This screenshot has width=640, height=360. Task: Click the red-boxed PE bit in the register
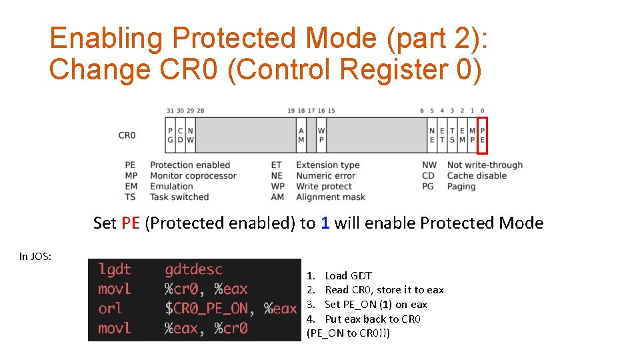point(483,135)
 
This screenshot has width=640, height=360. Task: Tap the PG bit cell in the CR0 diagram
point(170,135)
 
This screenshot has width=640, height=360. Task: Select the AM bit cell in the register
point(301,135)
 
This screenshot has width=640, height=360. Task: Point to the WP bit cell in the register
point(321,135)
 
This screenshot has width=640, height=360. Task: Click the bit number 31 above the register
point(170,111)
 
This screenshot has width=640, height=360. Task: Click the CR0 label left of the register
point(127,135)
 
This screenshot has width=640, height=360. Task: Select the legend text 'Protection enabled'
point(189,165)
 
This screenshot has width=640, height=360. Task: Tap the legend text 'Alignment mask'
point(331,197)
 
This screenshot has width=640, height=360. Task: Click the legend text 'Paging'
point(461,187)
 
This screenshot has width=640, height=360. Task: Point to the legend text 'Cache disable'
point(477,176)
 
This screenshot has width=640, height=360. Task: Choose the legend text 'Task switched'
point(179,197)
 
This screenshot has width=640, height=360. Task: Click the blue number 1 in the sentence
point(325,223)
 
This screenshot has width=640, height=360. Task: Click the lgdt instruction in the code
point(115,269)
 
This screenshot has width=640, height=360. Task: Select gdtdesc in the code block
point(193,269)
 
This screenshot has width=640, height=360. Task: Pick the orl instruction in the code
point(110,309)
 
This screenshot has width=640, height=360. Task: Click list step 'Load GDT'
point(348,276)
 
